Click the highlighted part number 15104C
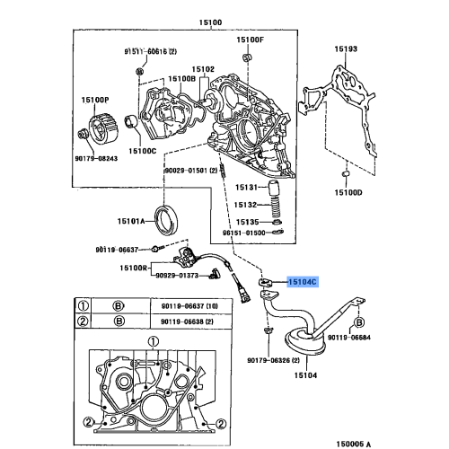coord(302,281)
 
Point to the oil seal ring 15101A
coord(168,218)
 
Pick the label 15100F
coord(251,40)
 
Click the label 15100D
coord(349,192)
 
